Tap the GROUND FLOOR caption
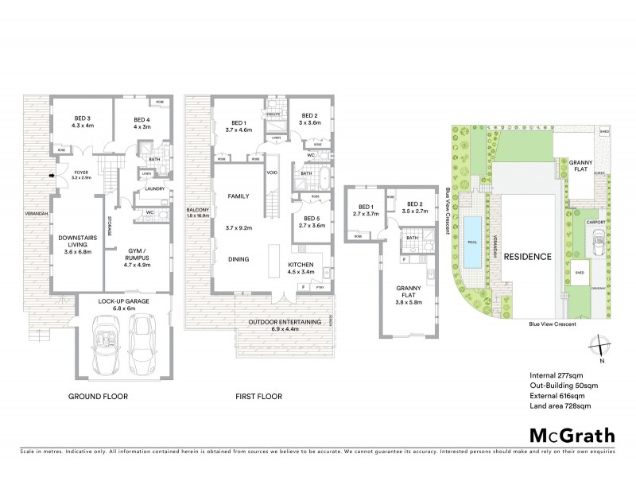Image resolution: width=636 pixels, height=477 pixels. coord(99,396)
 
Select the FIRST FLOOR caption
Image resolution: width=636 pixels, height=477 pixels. coord(256,396)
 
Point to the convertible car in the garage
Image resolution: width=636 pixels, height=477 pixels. coord(106,340)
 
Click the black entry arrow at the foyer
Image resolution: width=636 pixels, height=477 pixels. coord(52,176)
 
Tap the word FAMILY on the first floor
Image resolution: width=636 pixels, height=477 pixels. coord(238,195)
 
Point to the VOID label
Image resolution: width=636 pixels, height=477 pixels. coord(272,172)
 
